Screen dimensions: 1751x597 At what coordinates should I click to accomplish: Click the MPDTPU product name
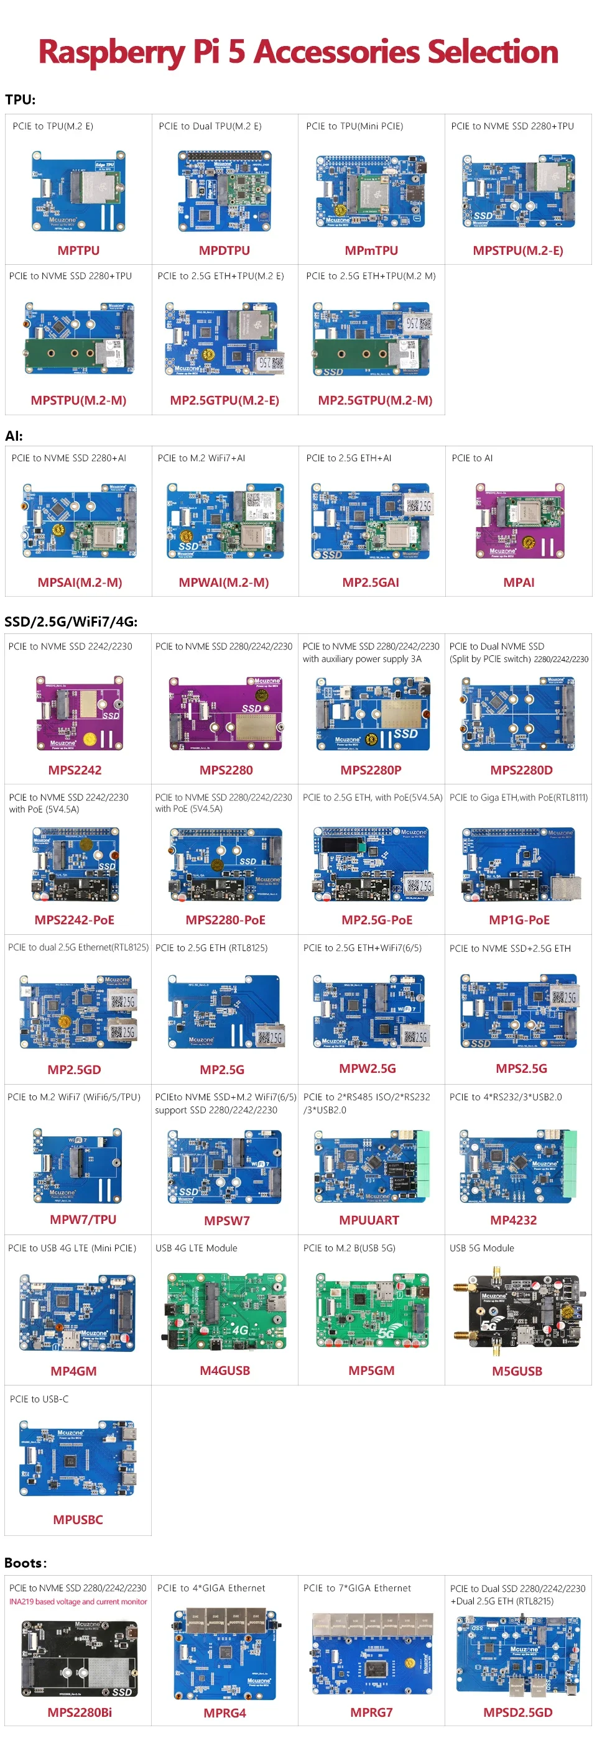(224, 250)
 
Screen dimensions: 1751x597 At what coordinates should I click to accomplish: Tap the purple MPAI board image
(519, 521)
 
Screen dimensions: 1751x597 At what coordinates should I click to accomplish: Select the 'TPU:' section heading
(21, 99)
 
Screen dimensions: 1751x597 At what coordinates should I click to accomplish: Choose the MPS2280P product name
(371, 770)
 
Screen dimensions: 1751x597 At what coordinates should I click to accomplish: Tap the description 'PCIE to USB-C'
(39, 1399)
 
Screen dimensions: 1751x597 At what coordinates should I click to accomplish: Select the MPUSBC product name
(78, 1519)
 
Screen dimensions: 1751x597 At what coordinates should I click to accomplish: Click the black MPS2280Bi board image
(80, 1658)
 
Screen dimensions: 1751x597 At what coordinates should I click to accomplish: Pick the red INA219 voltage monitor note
(78, 1601)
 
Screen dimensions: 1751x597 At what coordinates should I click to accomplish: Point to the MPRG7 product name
(371, 1712)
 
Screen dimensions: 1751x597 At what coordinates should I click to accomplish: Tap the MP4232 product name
(514, 1220)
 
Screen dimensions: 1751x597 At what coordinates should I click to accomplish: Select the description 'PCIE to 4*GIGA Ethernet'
(211, 1588)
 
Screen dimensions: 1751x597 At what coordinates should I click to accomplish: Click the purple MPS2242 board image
(80, 712)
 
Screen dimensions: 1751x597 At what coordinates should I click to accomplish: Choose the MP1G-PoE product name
(519, 920)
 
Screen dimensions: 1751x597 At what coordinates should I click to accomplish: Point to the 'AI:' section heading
(14, 436)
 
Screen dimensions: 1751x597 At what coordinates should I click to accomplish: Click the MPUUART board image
(371, 1167)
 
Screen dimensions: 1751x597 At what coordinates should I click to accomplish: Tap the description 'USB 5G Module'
(481, 1248)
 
